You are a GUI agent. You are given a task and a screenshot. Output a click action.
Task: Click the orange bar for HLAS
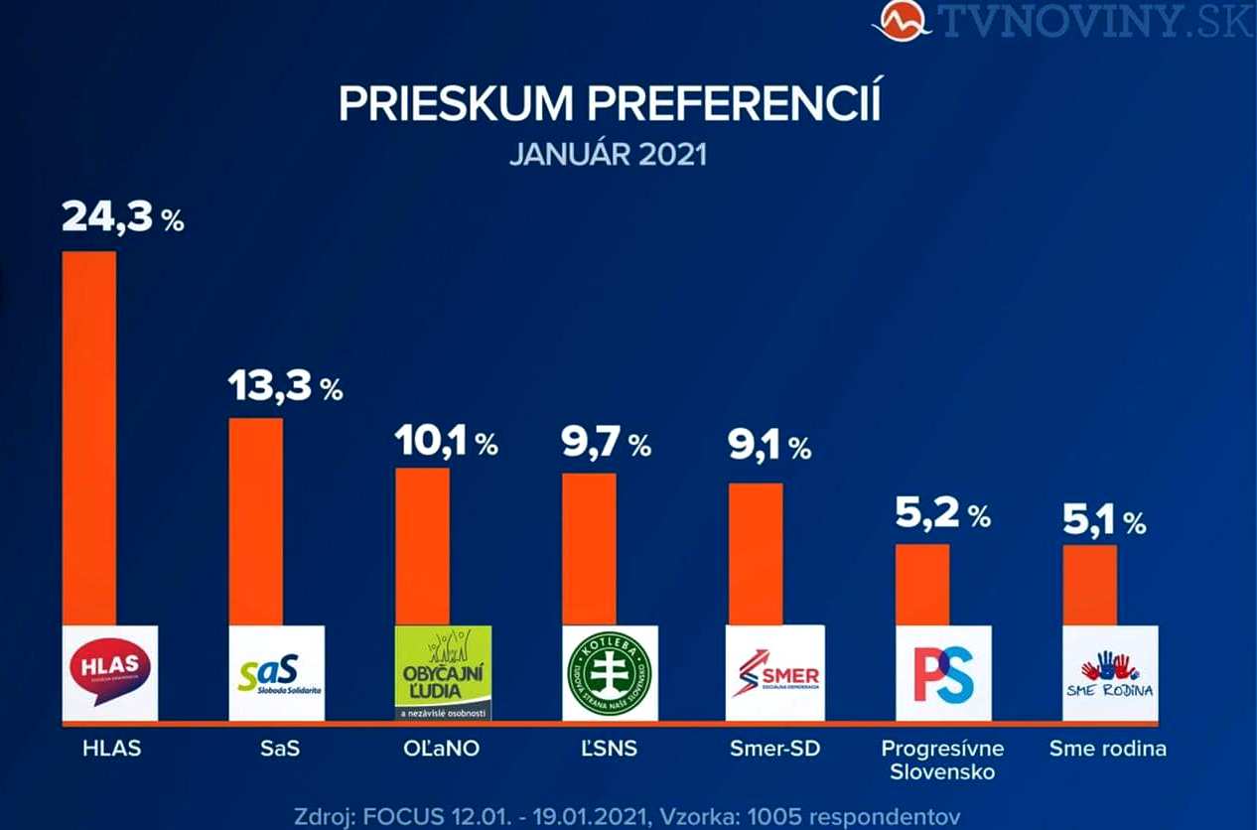point(89,437)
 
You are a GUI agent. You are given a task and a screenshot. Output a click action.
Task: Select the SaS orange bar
point(255,521)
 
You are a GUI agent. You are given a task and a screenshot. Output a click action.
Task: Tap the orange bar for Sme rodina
point(1089,585)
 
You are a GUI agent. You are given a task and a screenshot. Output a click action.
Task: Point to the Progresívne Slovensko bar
point(922,585)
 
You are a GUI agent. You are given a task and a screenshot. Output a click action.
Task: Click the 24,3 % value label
point(122,216)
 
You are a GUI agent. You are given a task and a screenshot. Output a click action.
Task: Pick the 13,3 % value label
point(285,385)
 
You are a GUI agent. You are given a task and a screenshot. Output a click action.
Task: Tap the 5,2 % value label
point(943,514)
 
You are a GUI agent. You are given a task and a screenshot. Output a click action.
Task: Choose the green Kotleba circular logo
point(609,672)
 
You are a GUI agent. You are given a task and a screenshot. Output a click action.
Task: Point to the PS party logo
point(943,672)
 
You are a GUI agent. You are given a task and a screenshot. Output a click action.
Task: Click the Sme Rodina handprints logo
point(1110,672)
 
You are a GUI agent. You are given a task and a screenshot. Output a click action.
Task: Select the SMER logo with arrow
point(775,672)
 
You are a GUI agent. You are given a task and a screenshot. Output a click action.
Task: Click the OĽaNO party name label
point(443,749)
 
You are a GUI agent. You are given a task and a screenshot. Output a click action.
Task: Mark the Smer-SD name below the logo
point(775,749)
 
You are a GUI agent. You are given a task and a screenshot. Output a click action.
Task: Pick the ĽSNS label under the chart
point(609,749)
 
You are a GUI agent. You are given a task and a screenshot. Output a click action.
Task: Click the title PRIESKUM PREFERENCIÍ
point(610,104)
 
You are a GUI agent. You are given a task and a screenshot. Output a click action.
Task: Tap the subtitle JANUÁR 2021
point(609,156)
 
